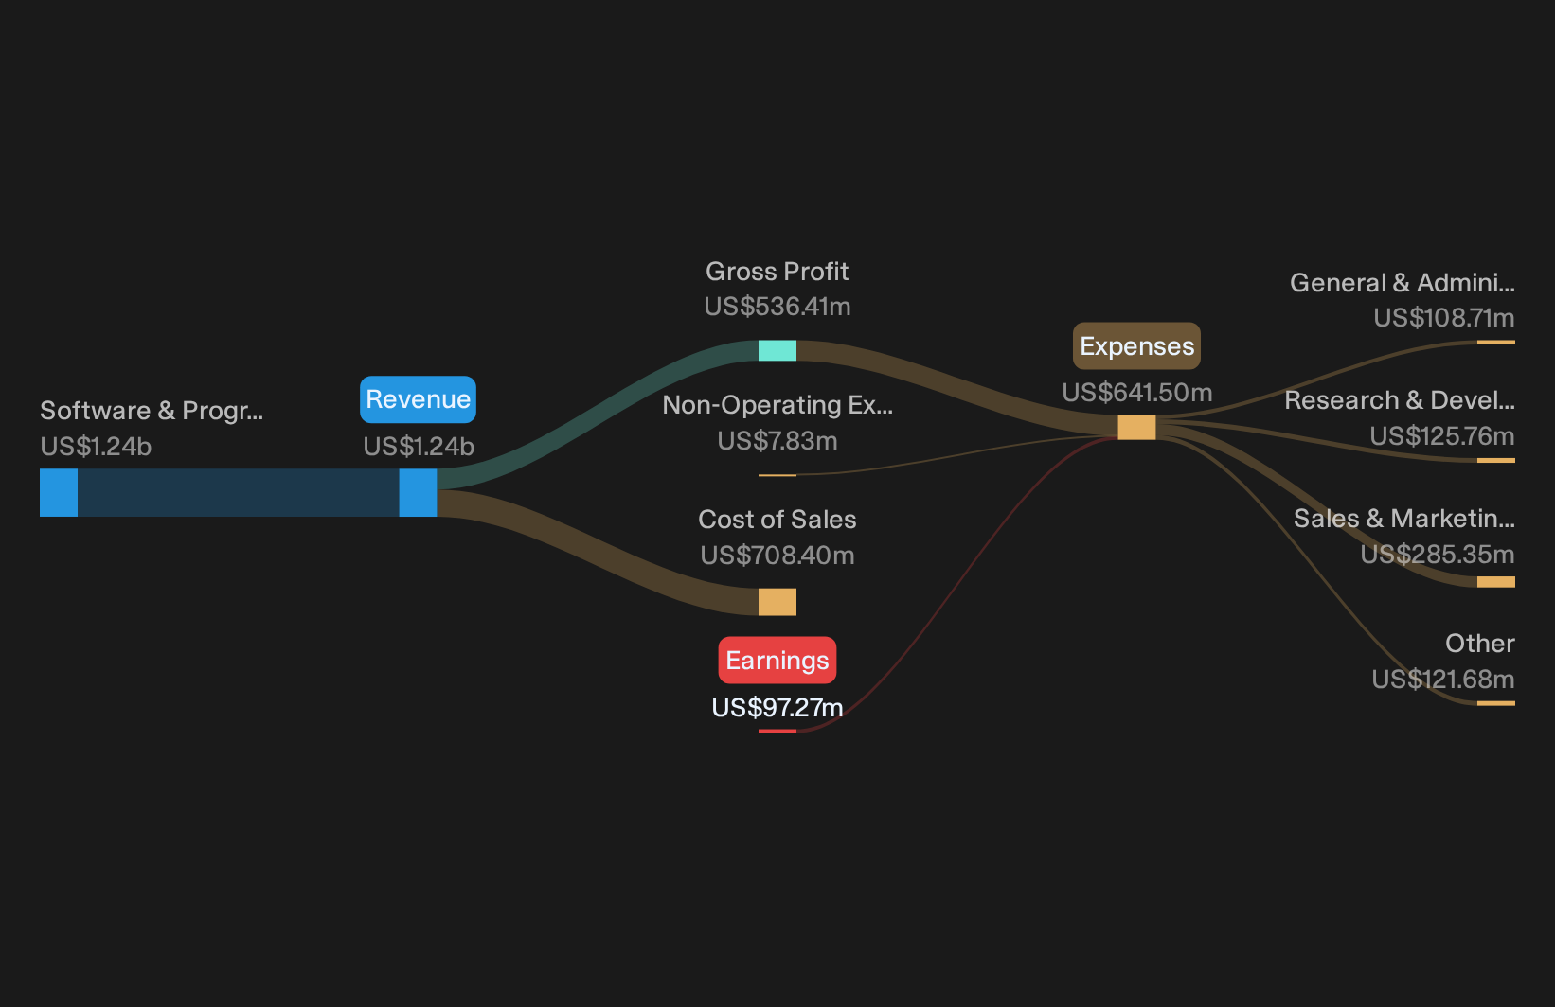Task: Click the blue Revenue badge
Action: tap(418, 399)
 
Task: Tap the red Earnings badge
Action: tap(777, 660)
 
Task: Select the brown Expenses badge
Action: tap(1137, 345)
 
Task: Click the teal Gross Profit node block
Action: tap(777, 350)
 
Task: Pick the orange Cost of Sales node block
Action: tap(777, 602)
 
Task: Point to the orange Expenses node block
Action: tap(1137, 428)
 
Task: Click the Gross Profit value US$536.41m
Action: tap(777, 307)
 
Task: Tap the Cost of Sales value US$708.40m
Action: tap(777, 556)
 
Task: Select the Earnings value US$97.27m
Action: tap(777, 708)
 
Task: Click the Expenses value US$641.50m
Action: tap(1137, 393)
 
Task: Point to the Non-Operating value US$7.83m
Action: tap(777, 441)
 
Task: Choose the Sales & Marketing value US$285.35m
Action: tap(1437, 555)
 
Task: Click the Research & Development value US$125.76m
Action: tap(1442, 436)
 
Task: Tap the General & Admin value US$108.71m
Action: tap(1444, 318)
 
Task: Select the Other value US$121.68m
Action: tap(1443, 680)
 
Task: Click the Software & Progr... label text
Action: tap(152, 411)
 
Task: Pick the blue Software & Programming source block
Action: tap(59, 493)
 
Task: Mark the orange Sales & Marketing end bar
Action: tap(1496, 581)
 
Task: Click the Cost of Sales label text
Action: tap(777, 519)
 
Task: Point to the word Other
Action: tap(1480, 644)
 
